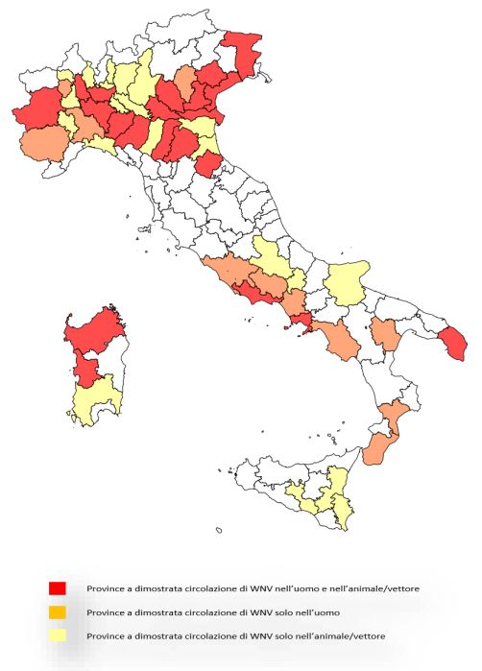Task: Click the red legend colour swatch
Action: (x=58, y=587)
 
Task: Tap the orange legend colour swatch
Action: (x=58, y=611)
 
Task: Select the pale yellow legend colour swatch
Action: (x=58, y=635)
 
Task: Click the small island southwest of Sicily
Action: (x=219, y=529)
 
